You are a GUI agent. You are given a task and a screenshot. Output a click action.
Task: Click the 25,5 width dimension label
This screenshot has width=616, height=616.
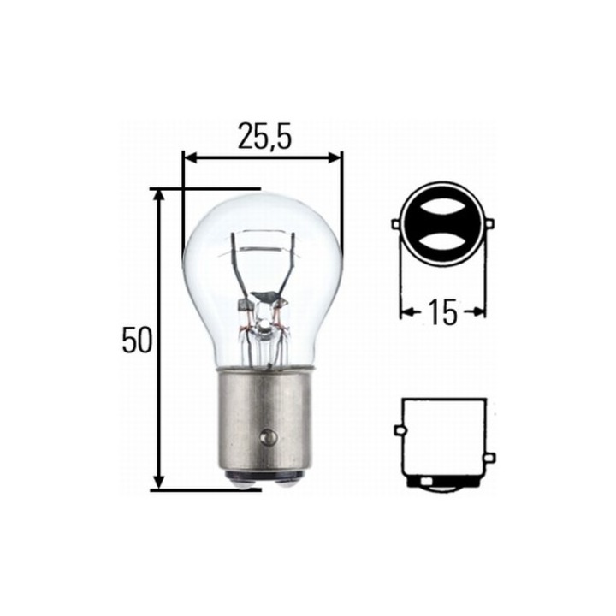coord(264,137)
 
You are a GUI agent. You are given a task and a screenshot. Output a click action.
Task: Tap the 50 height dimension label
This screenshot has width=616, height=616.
coord(136,341)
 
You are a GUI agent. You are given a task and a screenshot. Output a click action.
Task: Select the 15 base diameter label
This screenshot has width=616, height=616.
coord(442,313)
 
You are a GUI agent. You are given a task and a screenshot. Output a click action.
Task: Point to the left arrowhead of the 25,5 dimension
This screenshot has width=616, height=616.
coord(190,157)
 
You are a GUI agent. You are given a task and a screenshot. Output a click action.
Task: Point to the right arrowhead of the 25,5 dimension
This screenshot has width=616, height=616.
coord(335,157)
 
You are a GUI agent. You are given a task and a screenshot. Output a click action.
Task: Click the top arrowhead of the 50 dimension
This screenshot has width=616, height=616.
coord(158,196)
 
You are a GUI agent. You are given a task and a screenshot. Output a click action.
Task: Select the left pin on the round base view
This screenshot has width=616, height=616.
coord(396,224)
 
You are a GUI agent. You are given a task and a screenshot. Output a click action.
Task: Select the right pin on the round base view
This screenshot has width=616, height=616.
coord(490,224)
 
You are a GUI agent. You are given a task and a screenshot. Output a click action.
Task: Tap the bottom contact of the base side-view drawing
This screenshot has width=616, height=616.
coord(442,484)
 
